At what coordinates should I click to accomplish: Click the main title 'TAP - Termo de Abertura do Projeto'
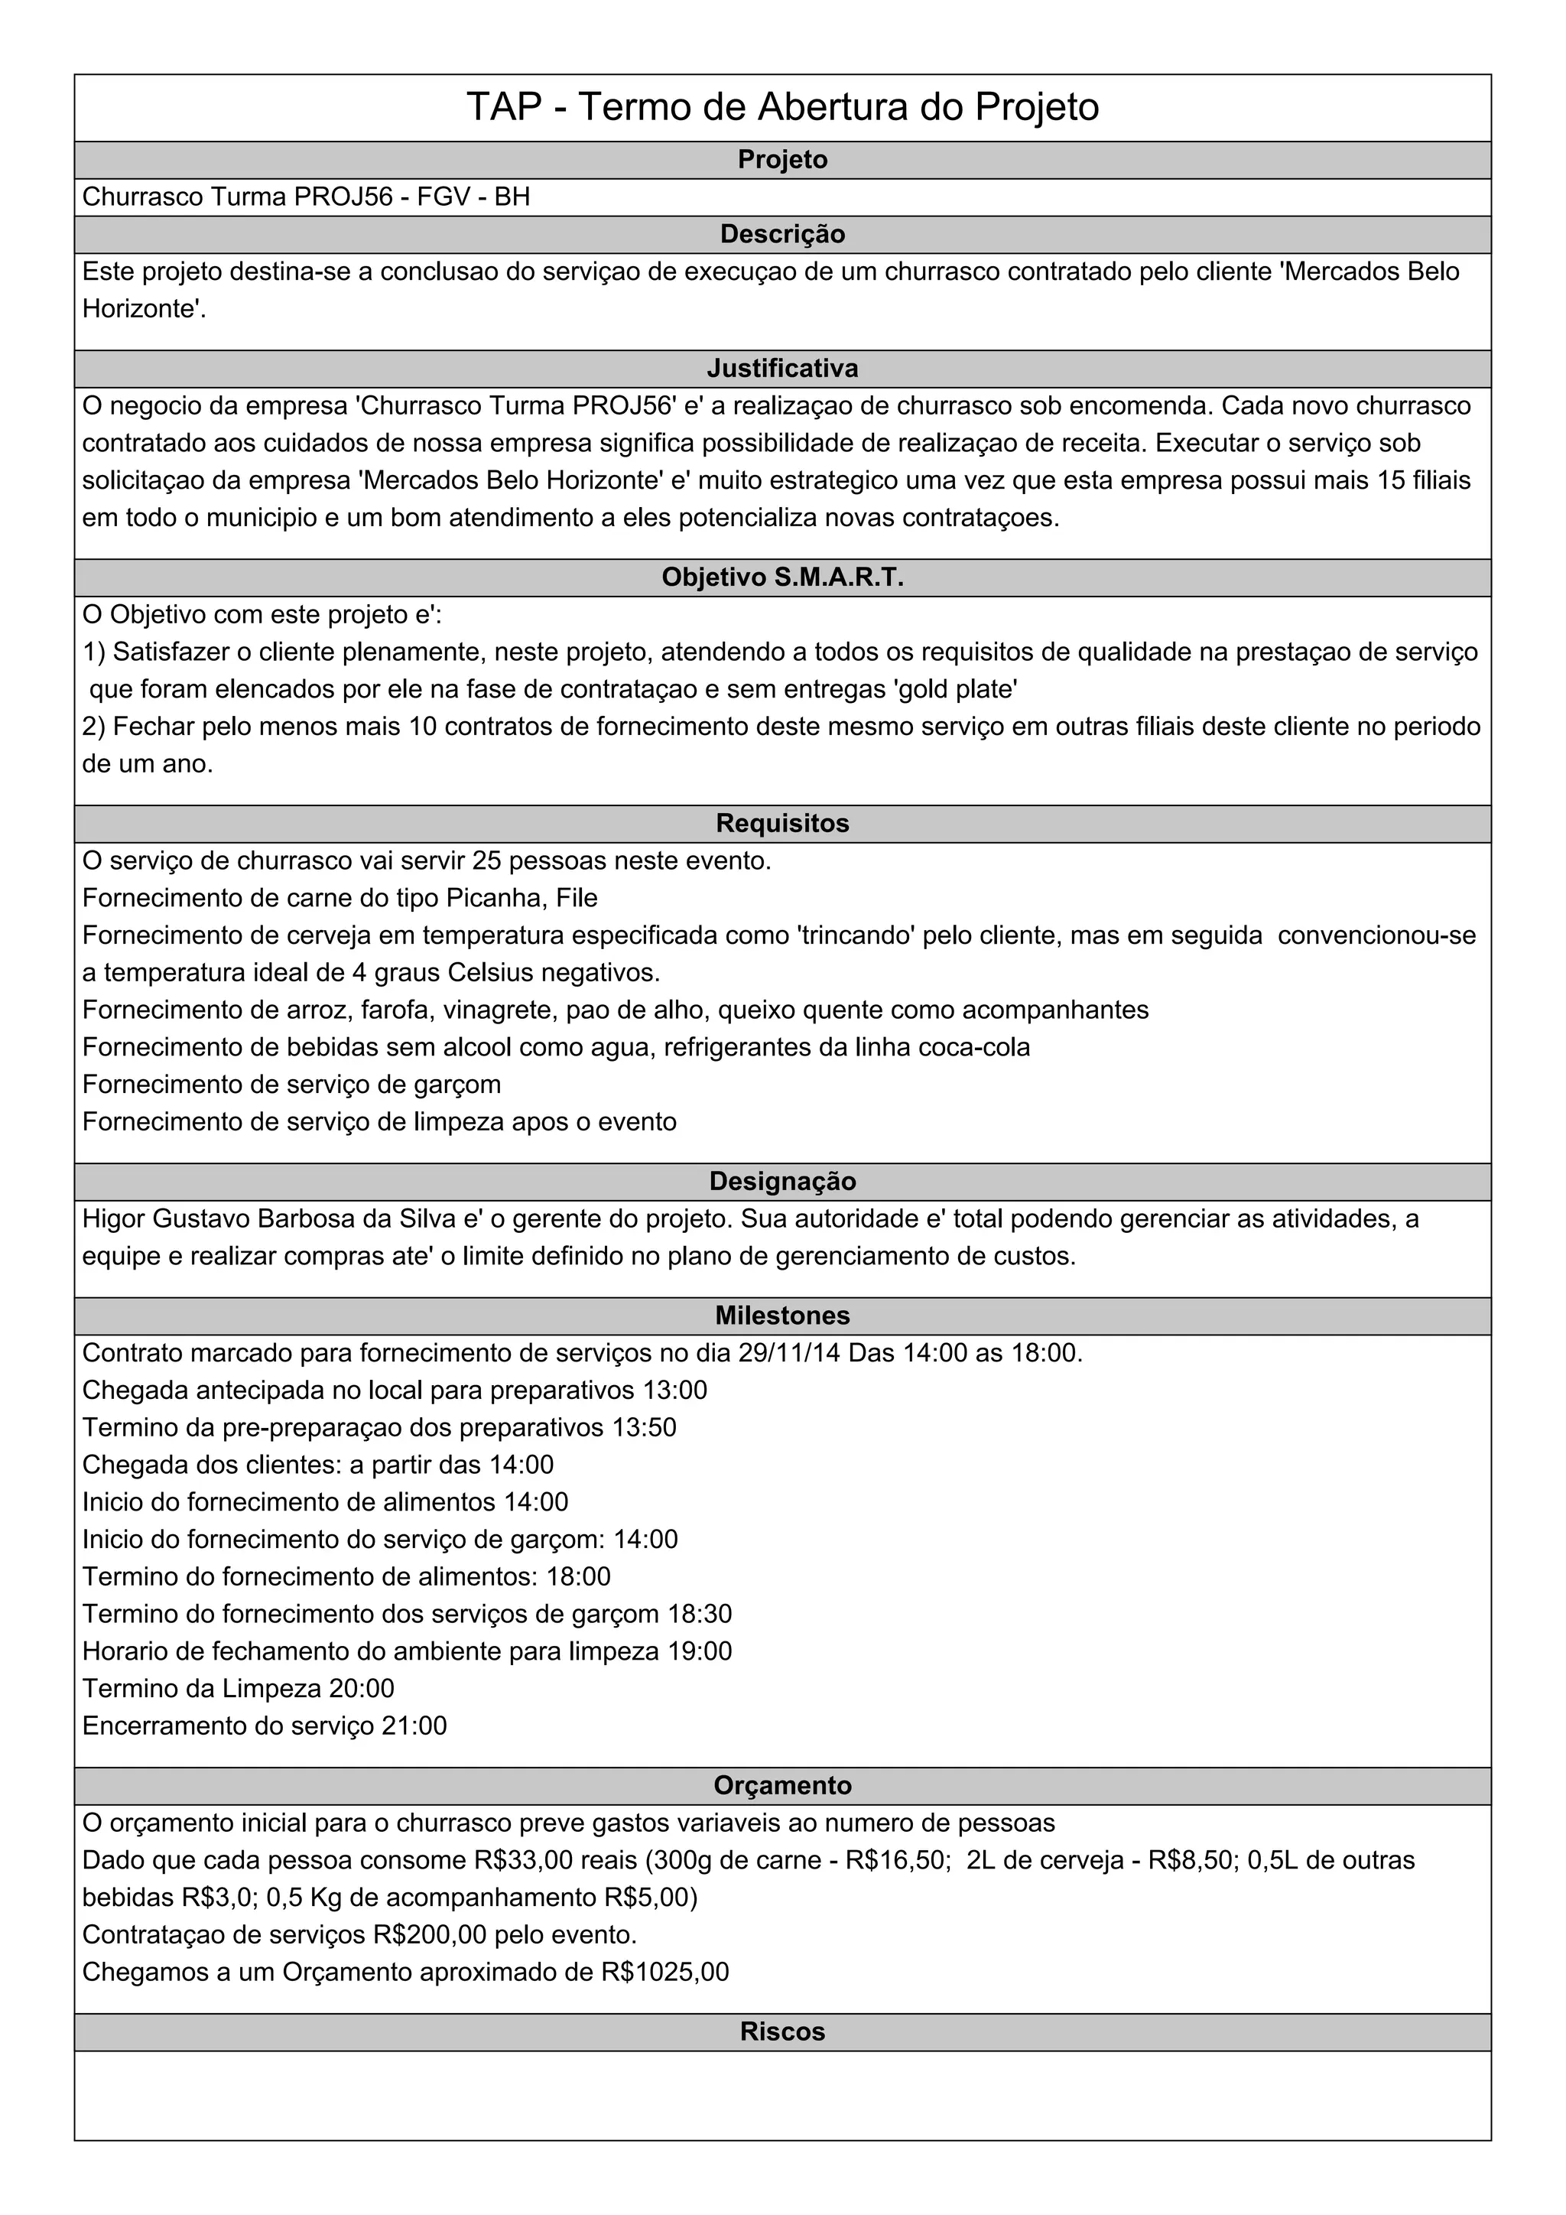782,107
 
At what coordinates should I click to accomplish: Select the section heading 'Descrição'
782,235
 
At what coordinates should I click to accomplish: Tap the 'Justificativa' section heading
782,369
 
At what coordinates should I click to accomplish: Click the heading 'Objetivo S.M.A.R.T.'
782,578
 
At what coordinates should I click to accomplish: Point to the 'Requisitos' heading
782,824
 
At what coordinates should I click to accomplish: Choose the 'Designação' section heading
782,1182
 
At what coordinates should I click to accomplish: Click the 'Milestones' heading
782,1316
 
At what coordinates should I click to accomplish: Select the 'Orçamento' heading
782,1786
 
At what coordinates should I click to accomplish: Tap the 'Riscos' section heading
782,2031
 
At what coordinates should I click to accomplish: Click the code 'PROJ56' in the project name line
343,197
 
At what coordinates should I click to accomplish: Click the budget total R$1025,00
664,1972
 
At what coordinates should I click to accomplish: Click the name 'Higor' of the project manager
114,1219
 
